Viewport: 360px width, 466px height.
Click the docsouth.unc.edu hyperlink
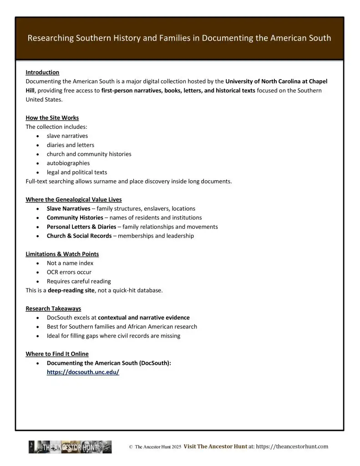tap(83, 372)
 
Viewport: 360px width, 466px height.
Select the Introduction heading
tap(42, 72)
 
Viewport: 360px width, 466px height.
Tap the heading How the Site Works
tap(52, 118)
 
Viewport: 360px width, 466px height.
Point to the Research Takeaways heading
tap(53, 309)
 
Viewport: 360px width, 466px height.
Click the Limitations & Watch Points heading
tap(62, 254)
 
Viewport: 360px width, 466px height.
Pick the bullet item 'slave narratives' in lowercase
tap(67, 136)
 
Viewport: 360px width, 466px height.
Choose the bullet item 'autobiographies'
tap(68, 163)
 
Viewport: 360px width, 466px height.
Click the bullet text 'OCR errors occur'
tap(69, 272)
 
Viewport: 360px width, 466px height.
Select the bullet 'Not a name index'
tap(70, 263)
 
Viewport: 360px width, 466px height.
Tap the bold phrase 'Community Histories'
tap(75, 218)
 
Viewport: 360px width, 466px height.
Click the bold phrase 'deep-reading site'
tap(71, 290)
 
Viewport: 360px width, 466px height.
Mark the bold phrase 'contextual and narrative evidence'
tap(144, 318)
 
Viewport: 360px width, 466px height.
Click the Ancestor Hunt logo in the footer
tap(70, 447)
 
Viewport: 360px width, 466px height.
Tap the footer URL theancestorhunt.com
tap(292, 447)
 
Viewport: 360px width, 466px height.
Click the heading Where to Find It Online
tap(57, 354)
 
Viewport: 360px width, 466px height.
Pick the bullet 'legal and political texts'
tap(77, 172)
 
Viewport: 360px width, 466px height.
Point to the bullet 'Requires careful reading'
tap(79, 281)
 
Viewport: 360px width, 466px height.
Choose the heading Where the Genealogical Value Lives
tap(73, 199)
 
